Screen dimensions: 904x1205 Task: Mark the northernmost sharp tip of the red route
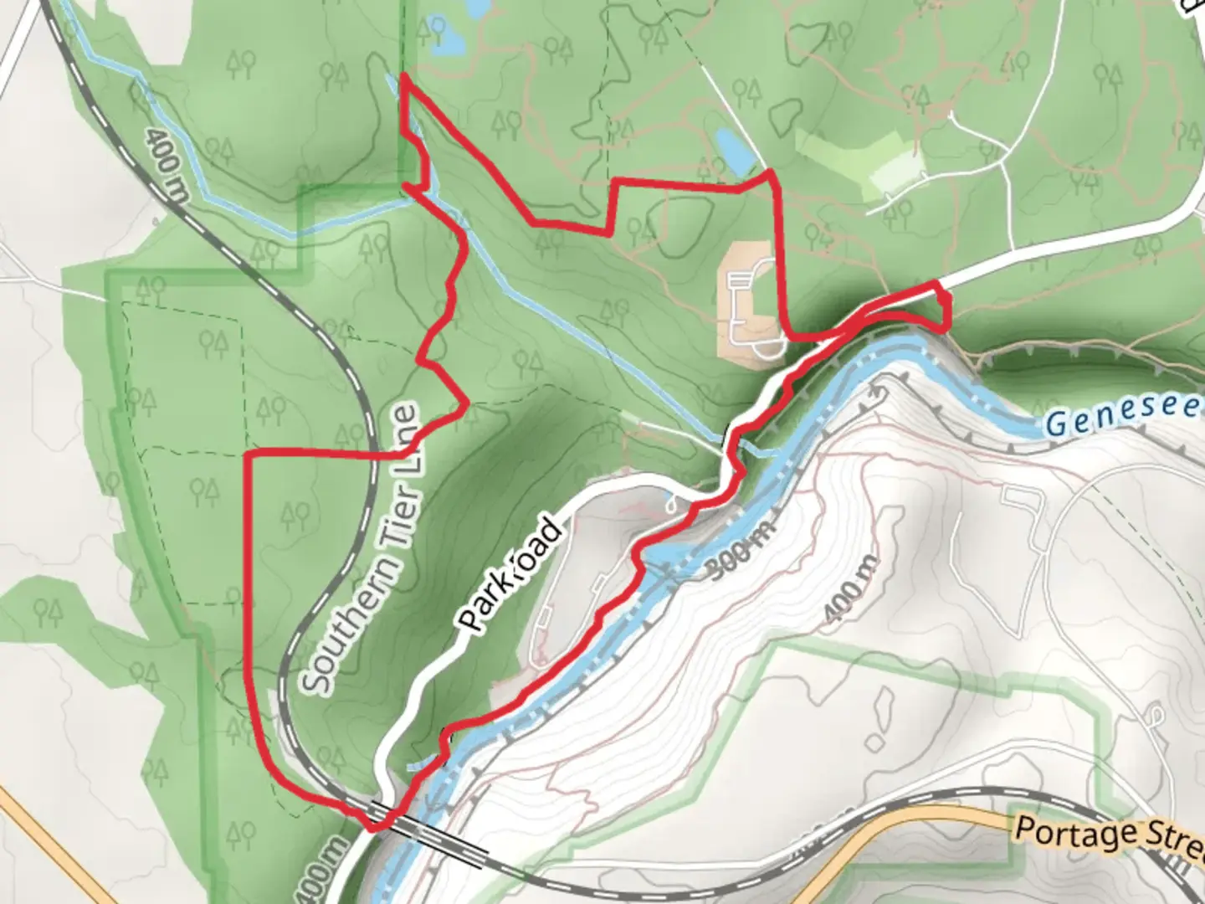[403, 77]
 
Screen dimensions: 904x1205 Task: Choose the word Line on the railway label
[408, 435]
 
